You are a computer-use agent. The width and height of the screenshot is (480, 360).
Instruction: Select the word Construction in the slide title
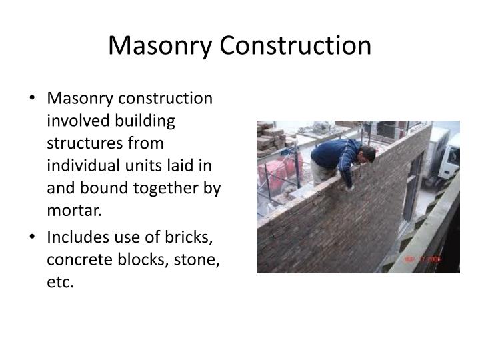296,45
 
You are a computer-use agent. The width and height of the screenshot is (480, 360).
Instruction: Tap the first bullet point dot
33,99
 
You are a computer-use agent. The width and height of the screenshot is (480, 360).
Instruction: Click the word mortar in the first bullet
75,211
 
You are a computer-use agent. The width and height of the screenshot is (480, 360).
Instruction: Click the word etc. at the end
61,283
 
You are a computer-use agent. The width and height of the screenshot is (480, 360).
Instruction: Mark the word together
158,189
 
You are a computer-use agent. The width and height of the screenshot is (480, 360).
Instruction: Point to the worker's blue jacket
337,155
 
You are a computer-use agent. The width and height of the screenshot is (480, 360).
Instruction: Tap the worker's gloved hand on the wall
349,187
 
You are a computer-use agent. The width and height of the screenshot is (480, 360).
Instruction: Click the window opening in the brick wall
413,180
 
